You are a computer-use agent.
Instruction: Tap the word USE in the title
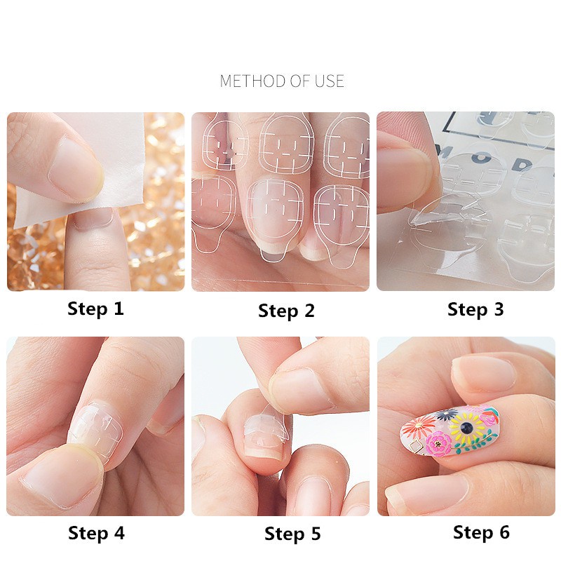[329, 81]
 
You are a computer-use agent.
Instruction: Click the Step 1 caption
[95, 309]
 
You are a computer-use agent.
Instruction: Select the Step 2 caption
[286, 311]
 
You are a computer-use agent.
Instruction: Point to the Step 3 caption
[475, 309]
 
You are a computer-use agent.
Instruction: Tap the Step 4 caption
[96, 533]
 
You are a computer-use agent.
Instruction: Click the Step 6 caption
[481, 532]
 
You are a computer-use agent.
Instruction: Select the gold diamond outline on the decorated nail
[417, 444]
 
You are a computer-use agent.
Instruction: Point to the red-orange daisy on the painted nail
[423, 425]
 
